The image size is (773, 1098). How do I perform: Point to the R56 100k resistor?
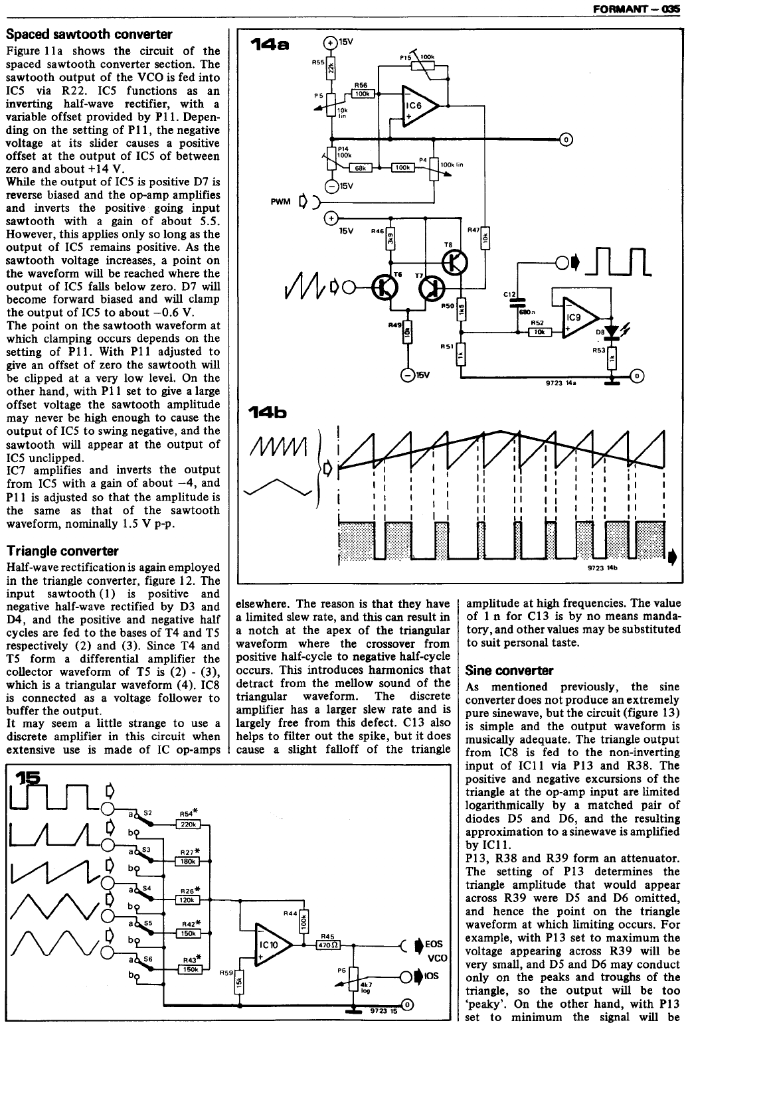tap(362, 94)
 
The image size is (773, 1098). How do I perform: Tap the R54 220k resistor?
tap(188, 824)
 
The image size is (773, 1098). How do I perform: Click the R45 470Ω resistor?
tap(327, 947)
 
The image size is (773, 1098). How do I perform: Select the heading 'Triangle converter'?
tap(62, 551)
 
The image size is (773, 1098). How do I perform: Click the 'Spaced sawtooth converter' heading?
tap(89, 35)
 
